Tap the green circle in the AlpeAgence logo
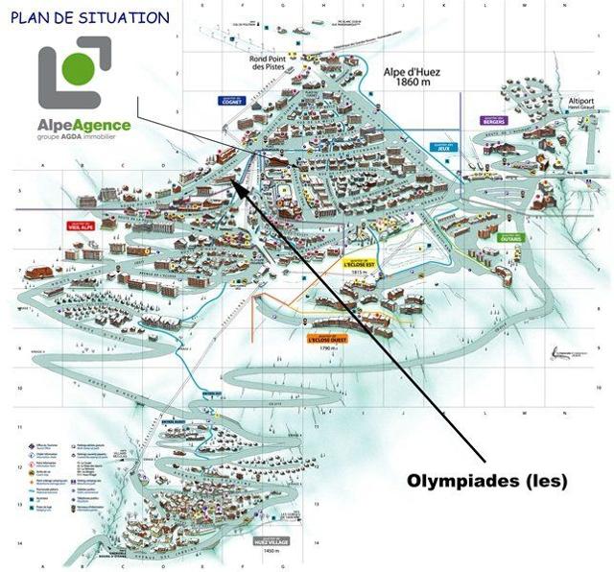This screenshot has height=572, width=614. click(x=81, y=68)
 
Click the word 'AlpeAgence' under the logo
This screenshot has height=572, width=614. click(x=85, y=125)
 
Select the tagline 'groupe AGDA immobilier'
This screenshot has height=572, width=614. click(x=85, y=138)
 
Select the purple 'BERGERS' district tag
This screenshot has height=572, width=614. click(x=494, y=121)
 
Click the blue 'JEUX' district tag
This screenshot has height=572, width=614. click(x=442, y=148)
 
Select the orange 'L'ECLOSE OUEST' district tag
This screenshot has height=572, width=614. click(x=327, y=339)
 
